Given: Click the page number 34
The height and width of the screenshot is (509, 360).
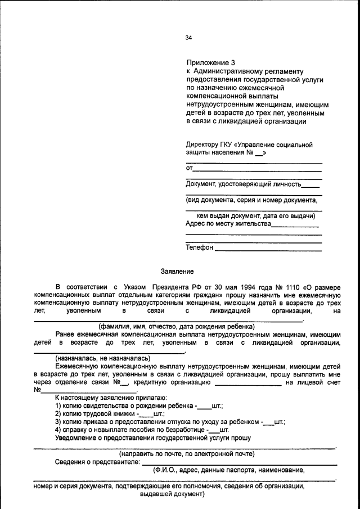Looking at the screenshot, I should [x=188, y=38].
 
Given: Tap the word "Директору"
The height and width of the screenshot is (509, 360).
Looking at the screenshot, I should [x=204, y=145].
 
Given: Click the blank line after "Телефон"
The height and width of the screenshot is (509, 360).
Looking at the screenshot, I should [x=268, y=247].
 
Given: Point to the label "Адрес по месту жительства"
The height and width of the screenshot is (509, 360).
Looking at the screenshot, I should [x=228, y=223].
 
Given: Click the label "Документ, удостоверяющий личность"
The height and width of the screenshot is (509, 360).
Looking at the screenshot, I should [x=243, y=184].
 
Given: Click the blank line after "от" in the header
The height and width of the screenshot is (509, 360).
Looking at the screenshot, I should [x=258, y=168].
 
